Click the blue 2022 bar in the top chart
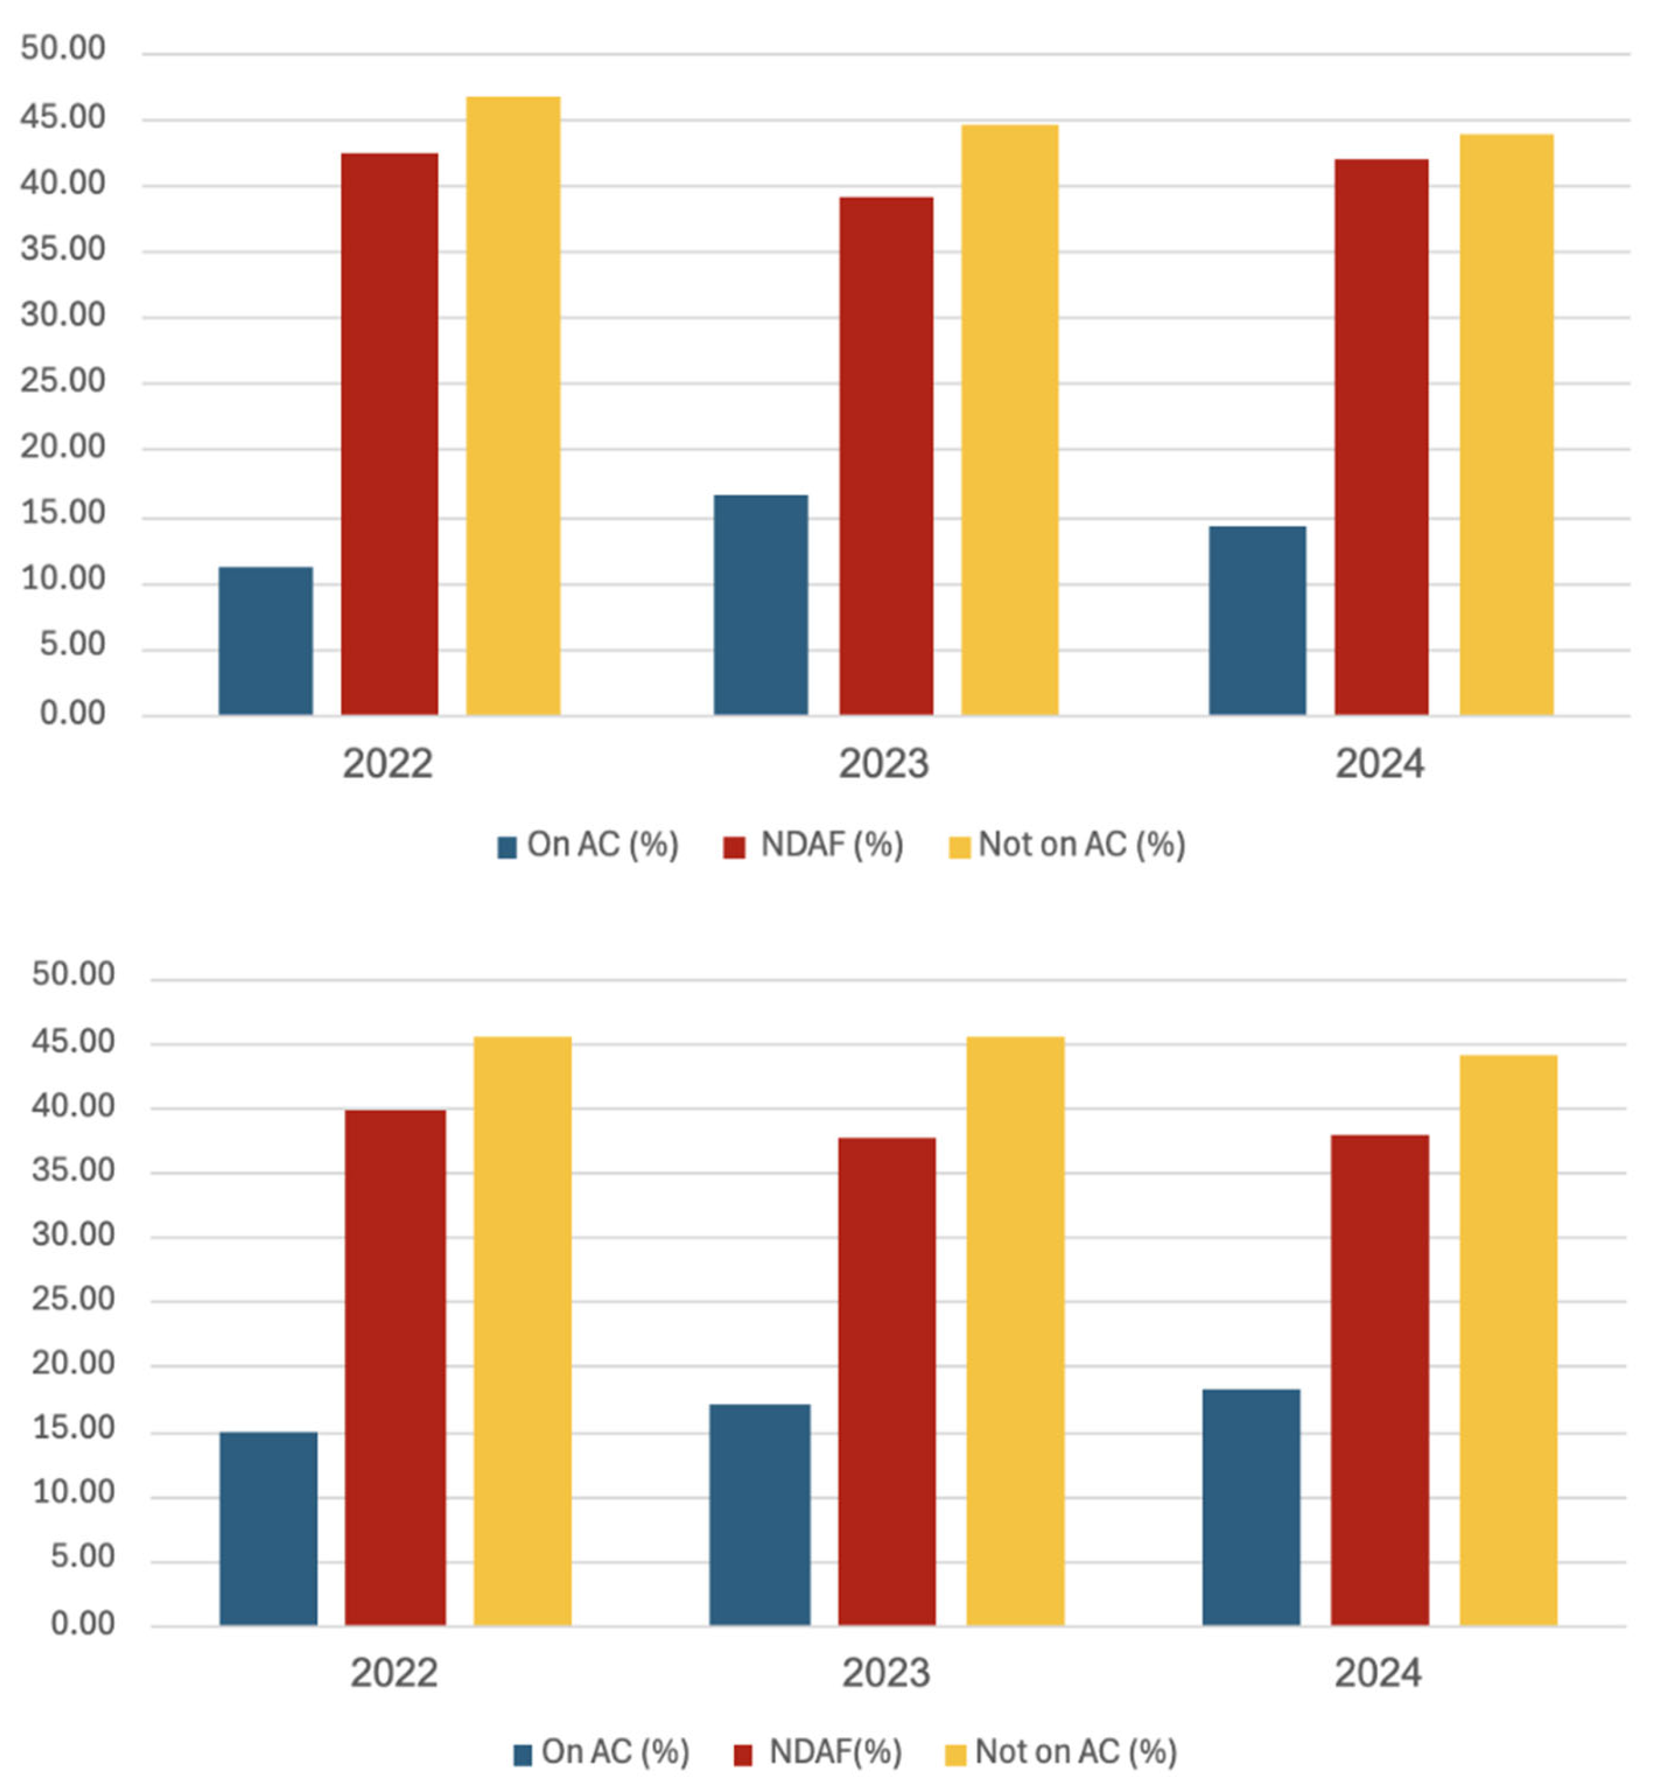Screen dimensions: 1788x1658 265,641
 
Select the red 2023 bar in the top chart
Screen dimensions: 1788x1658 886,456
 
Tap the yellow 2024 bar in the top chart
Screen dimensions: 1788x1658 1506,425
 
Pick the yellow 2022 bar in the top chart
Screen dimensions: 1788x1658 513,405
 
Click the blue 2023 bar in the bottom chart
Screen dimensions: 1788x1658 759,1514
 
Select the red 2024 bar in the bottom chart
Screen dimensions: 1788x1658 1379,1380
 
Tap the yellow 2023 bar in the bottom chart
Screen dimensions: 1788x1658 1015,1331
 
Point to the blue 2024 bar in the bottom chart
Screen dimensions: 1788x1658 1251,1507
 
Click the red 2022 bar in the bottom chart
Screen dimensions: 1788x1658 395,1367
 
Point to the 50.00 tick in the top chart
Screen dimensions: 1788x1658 63,48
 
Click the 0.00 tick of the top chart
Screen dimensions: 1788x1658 72,713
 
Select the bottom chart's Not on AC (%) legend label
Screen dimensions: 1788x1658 1076,1751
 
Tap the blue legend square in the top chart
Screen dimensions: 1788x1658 507,847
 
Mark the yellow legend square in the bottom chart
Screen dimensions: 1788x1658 956,1754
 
